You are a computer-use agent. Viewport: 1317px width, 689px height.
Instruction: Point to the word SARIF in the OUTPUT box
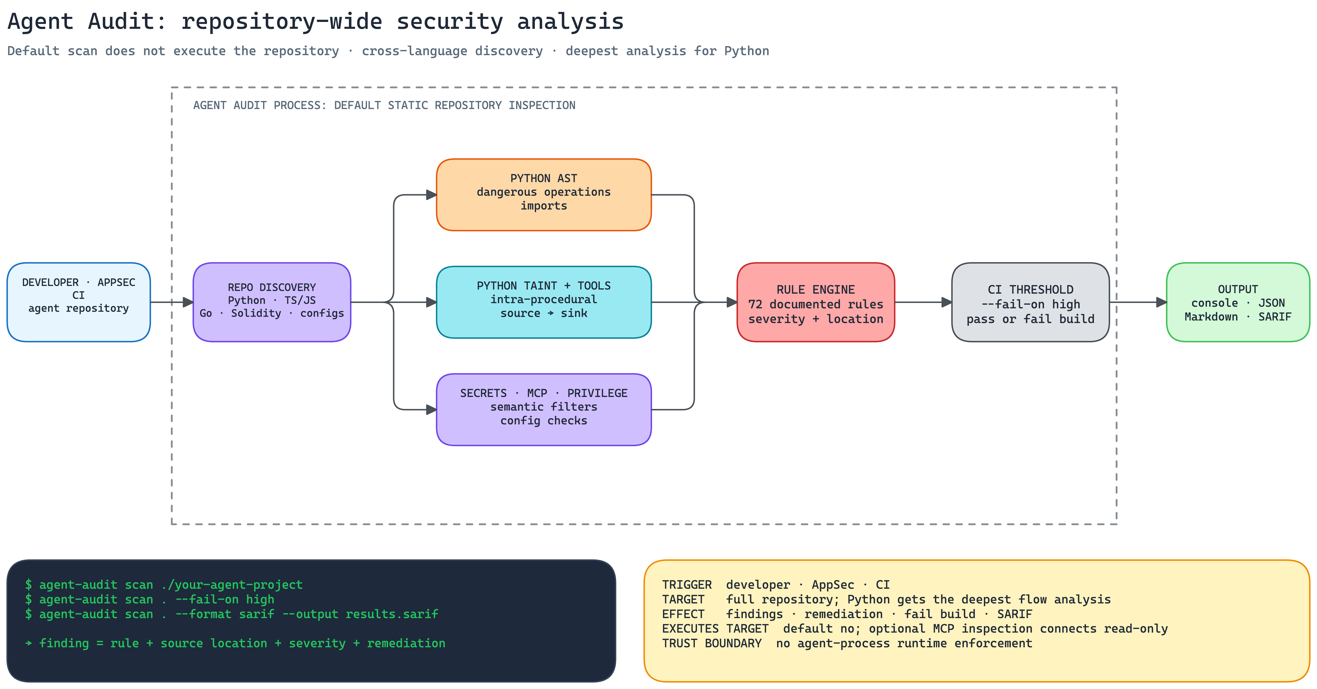pyautogui.click(x=1275, y=317)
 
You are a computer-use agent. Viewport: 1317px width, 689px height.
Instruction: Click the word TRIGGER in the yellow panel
pyautogui.click(x=687, y=585)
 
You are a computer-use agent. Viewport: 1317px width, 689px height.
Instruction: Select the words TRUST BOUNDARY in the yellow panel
pyautogui.click(x=712, y=643)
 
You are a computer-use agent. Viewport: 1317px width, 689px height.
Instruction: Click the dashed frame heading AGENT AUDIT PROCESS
pyautogui.click(x=384, y=105)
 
